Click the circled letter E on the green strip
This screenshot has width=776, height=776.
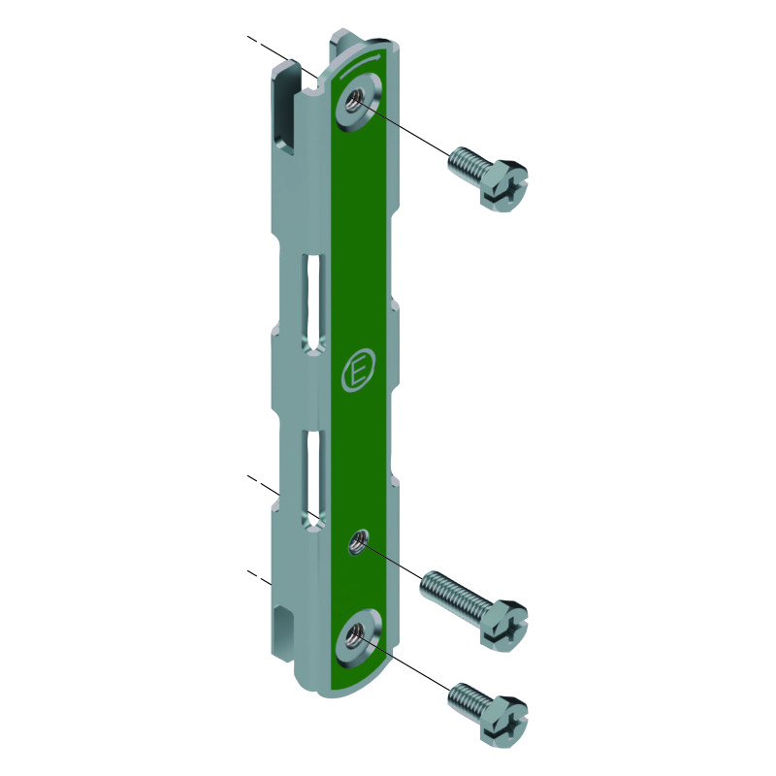[358, 372]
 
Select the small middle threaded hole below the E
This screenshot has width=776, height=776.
[358, 542]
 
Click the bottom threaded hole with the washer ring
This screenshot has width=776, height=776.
[354, 635]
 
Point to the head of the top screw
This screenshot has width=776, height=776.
[503, 186]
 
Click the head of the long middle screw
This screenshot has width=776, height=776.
[503, 626]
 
